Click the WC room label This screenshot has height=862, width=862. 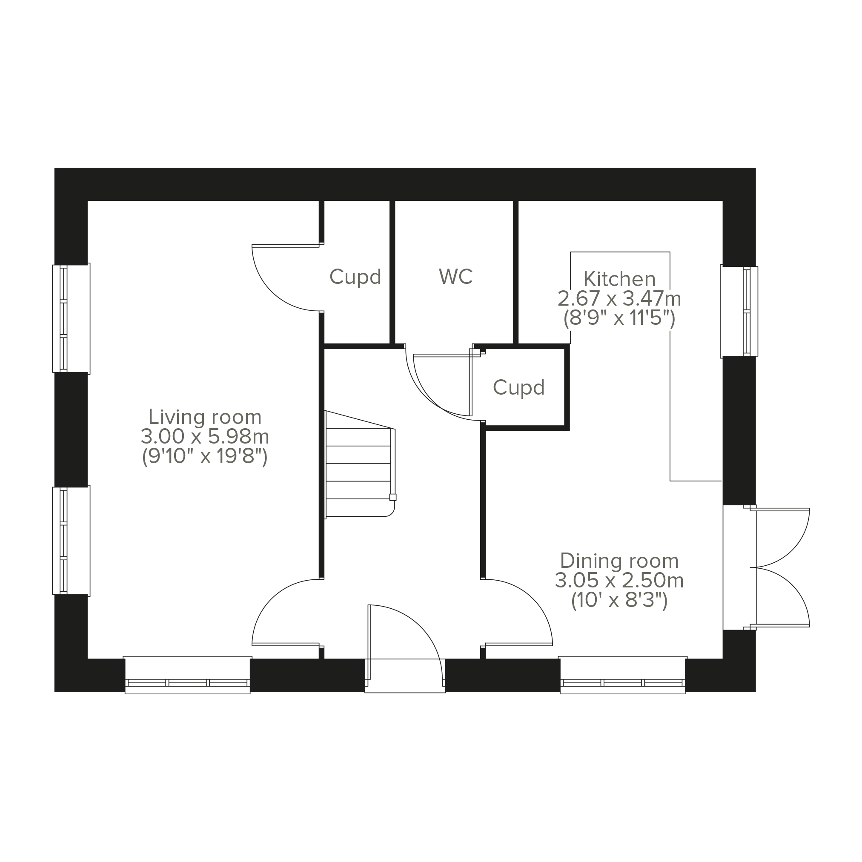pyautogui.click(x=455, y=277)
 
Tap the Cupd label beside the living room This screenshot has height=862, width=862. pyautogui.click(x=355, y=277)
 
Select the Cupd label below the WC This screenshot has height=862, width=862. pyautogui.click(x=518, y=388)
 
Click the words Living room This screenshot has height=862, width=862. pyautogui.click(x=205, y=417)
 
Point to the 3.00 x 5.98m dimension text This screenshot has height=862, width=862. pyautogui.click(x=205, y=436)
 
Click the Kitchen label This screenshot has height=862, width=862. pyautogui.click(x=619, y=279)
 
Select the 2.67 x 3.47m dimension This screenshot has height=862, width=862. pyautogui.click(x=619, y=299)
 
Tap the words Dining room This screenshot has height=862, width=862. pyautogui.click(x=619, y=561)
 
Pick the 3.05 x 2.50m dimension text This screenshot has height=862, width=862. pyautogui.click(x=619, y=581)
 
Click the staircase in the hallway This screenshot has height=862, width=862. pyautogui.click(x=360, y=464)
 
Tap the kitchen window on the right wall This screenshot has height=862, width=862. pyautogui.click(x=739, y=311)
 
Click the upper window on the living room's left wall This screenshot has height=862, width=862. pyautogui.click(x=71, y=318)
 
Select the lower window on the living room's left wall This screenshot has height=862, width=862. pyautogui.click(x=71, y=540)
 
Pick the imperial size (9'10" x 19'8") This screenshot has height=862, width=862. pyautogui.click(x=205, y=456)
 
